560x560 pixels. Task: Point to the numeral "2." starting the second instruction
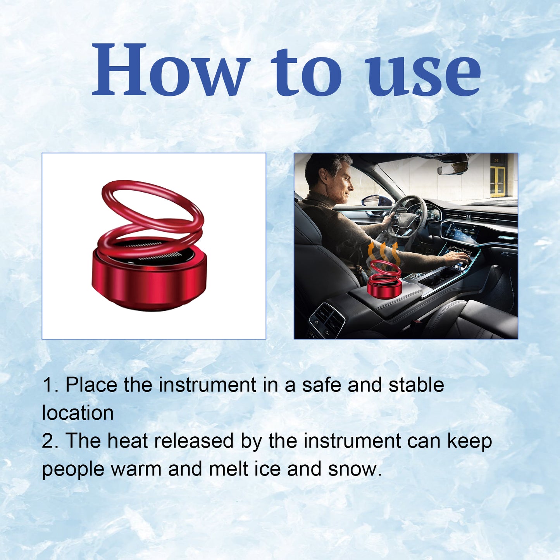(50, 441)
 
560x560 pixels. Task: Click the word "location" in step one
(78, 413)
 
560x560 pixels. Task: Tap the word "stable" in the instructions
(416, 385)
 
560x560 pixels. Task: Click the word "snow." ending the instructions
(355, 469)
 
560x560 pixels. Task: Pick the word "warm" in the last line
(136, 469)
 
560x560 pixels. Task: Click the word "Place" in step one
(91, 385)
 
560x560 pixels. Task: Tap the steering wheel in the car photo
(407, 217)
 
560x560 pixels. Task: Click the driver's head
(329, 176)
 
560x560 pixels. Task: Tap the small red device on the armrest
(384, 281)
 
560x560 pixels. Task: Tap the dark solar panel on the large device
(151, 252)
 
